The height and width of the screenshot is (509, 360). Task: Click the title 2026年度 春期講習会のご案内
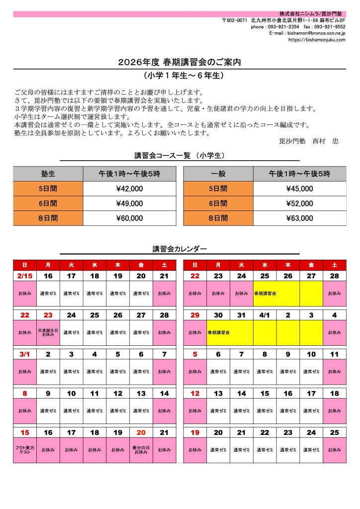pos(180,63)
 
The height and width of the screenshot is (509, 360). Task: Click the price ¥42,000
pos(129,189)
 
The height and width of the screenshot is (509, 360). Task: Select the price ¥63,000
pos(299,218)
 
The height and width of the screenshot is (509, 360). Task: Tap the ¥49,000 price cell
pos(129,204)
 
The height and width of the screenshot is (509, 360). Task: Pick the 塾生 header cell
pos(48,174)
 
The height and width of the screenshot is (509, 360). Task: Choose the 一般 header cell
pos(218,174)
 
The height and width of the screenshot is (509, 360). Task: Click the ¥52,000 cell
pos(299,204)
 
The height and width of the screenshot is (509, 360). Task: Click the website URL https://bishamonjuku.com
pos(317,40)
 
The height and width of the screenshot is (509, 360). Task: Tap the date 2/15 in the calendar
pos(25,276)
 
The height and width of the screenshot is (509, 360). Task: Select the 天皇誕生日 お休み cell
pos(48,332)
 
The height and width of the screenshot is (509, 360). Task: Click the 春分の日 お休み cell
pos(141,450)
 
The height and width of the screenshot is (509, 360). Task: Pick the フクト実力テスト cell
pos(25,450)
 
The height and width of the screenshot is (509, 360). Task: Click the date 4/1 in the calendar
pos(265,315)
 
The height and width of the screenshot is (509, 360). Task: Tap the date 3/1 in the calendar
pos(25,354)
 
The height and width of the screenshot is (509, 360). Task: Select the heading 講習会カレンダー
pos(180,249)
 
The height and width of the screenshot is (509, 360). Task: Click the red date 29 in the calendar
pos(194,315)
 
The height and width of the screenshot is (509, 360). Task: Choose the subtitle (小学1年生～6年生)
pos(180,76)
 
